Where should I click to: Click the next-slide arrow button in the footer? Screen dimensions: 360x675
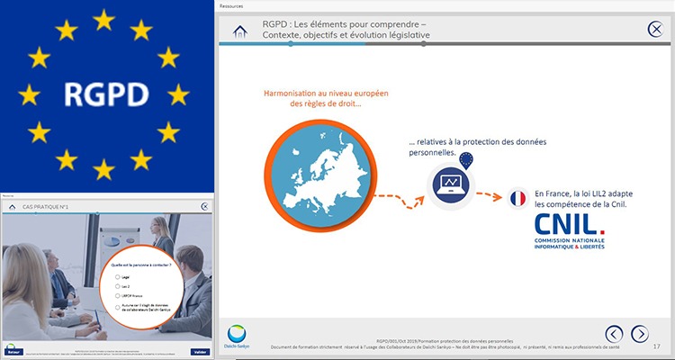point(639,334)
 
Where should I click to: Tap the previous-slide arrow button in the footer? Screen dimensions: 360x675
point(614,334)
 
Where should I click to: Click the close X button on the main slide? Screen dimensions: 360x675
point(657,29)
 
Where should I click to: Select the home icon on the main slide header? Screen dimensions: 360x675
point(240,31)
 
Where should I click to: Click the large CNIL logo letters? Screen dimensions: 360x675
point(570,224)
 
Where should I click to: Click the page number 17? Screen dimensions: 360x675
point(656,346)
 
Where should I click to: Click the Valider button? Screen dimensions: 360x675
point(200,351)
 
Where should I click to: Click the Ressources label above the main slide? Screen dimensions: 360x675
point(232,5)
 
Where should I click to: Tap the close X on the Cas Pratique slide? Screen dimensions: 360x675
point(204,206)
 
